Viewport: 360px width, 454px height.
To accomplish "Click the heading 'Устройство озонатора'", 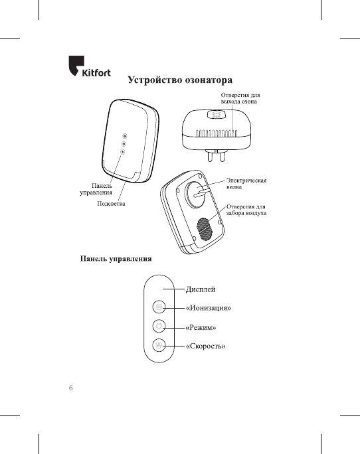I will coord(179,81).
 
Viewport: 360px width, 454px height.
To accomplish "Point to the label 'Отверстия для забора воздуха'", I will coord(246,211).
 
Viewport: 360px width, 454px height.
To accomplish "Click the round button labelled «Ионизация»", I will coord(159,307).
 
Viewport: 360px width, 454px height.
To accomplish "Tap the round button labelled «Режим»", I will coord(159,326).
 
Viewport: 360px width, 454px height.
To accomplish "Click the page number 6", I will coord(71,388).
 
